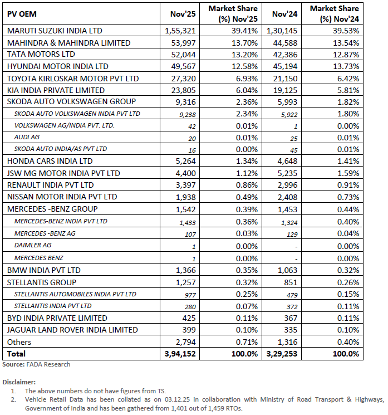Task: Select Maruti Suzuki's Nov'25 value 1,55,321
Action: (x=181, y=31)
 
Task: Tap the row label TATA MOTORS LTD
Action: (x=41, y=55)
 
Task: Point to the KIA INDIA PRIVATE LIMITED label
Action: (x=56, y=90)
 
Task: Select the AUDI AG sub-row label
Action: (x=27, y=137)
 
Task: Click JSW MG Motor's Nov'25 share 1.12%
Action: (x=245, y=173)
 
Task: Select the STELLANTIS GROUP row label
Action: (x=42, y=282)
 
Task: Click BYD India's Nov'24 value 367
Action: (x=289, y=318)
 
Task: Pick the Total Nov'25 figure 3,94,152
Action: (x=180, y=354)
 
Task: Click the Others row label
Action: (x=19, y=341)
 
